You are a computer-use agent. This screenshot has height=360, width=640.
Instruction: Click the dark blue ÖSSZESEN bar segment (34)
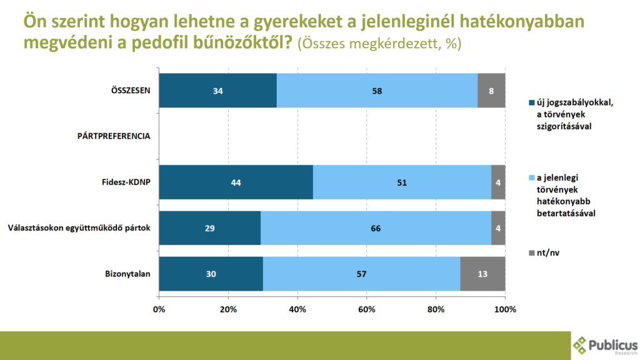click(x=217, y=90)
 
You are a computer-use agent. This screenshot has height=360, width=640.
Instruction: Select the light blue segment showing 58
click(x=377, y=90)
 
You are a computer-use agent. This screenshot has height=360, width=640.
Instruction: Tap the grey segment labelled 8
click(x=491, y=90)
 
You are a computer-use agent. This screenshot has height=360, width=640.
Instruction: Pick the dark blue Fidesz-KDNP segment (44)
click(x=236, y=182)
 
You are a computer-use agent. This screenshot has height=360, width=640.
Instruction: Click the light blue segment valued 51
click(x=402, y=182)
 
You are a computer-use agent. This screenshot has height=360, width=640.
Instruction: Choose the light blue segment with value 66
click(x=376, y=227)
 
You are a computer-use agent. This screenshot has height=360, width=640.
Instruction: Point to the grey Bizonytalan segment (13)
click(x=482, y=273)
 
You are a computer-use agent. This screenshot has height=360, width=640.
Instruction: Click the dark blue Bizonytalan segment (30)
click(x=211, y=273)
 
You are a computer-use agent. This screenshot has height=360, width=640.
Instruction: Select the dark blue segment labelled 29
click(x=209, y=227)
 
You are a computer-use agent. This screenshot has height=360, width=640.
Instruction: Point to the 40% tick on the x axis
click(x=297, y=309)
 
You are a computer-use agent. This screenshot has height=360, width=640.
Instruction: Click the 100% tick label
click(x=505, y=309)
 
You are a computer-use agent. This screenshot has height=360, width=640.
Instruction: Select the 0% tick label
click(x=159, y=309)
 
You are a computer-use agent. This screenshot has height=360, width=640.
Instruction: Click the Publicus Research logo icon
click(x=580, y=344)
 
